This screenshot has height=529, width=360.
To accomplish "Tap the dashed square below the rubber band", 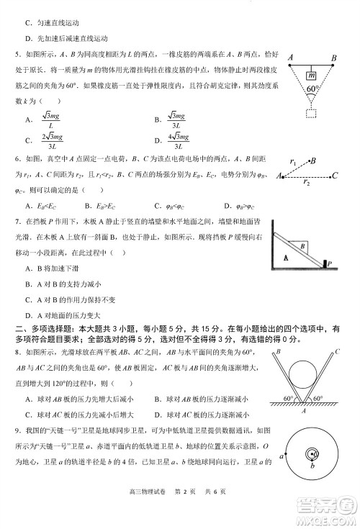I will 311,113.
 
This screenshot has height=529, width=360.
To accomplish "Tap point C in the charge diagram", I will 335,174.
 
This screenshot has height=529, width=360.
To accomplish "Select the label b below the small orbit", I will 312,467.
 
